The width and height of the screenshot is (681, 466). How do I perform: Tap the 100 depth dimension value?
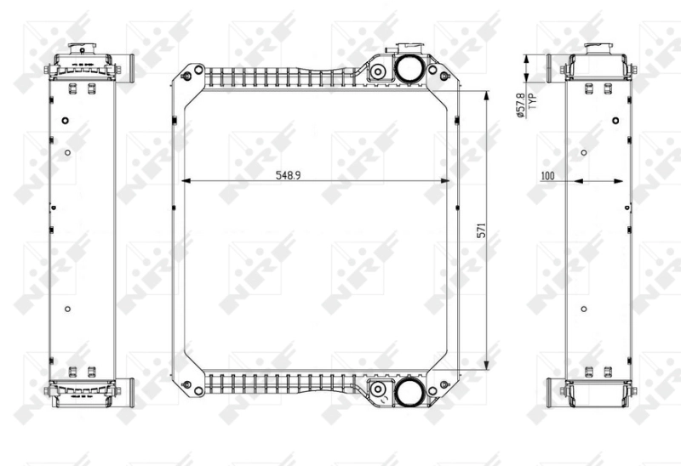tap(547, 175)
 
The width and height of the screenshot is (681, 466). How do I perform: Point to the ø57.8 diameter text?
tap(521, 108)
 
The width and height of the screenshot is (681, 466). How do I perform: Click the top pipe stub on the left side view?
tap(127, 67)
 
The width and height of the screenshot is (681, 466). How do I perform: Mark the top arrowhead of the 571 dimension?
tap(486, 95)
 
